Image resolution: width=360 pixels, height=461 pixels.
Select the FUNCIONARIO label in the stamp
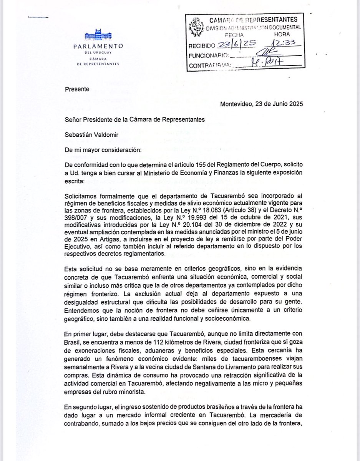click(x=208, y=56)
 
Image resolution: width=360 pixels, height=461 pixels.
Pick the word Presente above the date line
click(x=77, y=89)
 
